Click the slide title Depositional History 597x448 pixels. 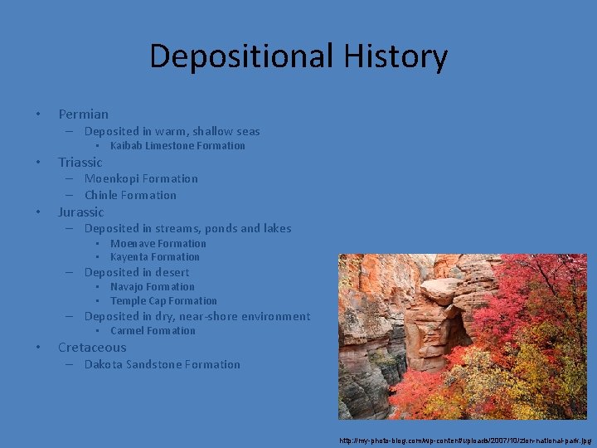(x=298, y=56)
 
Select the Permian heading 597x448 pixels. (x=83, y=114)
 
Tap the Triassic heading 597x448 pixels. (x=80, y=163)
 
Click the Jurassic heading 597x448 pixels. (x=80, y=212)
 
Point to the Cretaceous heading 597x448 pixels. (x=92, y=348)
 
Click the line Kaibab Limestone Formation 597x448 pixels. (x=177, y=146)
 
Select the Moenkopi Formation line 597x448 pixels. (x=141, y=178)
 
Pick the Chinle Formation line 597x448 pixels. (x=130, y=196)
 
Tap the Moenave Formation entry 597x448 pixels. (x=158, y=244)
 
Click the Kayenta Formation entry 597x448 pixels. (x=154, y=257)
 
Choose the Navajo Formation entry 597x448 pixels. (x=152, y=287)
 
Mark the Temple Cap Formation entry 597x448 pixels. (x=163, y=301)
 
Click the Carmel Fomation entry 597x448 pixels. (x=153, y=331)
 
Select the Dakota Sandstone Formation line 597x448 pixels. (x=162, y=364)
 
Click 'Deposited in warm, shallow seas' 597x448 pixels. (x=172, y=131)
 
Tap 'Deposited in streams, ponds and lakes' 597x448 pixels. (x=187, y=228)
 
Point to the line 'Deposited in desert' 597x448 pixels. (x=136, y=272)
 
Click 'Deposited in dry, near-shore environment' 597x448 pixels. (x=197, y=316)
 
